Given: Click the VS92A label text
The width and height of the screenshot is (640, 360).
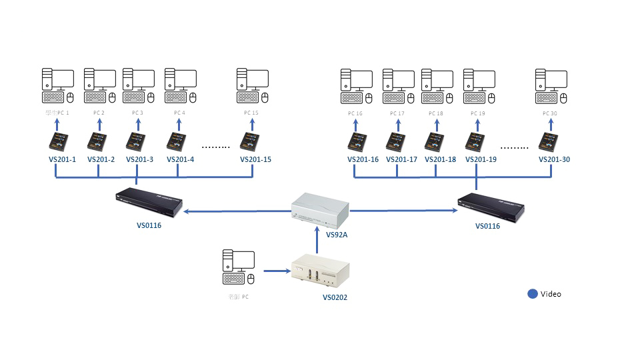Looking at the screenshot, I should [x=337, y=235].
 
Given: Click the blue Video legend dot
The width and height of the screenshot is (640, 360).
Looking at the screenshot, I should [x=532, y=293].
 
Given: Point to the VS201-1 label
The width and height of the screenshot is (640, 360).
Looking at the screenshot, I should [x=63, y=160].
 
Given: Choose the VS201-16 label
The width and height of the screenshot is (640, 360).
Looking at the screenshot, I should [x=363, y=160].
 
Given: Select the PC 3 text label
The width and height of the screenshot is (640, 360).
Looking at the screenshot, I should [x=137, y=113].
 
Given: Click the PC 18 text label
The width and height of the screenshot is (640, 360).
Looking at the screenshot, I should [x=436, y=113].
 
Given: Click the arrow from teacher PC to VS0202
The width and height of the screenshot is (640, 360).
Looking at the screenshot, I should [x=274, y=271].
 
